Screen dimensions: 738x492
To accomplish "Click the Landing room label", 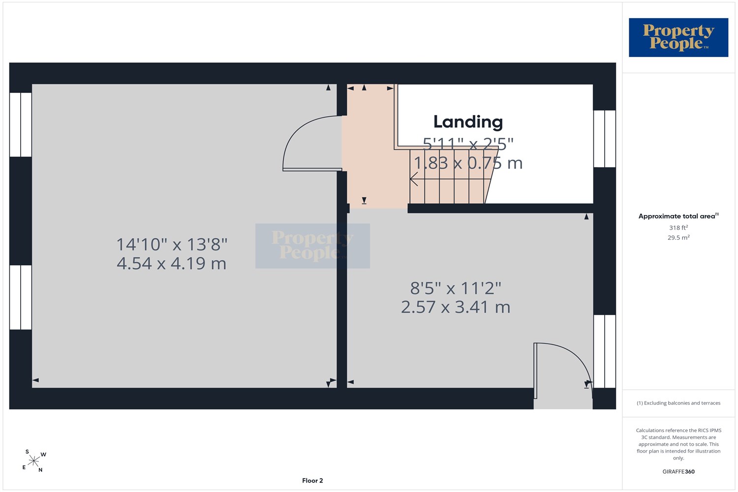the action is [468, 122].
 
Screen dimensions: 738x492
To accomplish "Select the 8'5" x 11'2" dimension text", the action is [456, 288].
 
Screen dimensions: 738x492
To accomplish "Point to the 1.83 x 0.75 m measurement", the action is [468, 163].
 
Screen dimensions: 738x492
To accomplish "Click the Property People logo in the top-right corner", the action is [678, 37].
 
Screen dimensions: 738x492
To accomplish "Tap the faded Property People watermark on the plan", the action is [312, 246].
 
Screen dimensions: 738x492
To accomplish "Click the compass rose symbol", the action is [33, 461].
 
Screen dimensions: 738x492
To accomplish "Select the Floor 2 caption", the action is [312, 481].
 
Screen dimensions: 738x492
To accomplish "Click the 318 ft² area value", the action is [678, 227].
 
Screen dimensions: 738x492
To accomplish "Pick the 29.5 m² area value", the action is [678, 237].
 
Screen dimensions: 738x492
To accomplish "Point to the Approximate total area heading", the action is [678, 216].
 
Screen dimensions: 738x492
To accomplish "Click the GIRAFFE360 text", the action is [678, 471].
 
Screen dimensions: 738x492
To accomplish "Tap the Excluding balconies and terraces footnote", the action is [678, 403].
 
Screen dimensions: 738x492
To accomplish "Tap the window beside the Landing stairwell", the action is [605, 139].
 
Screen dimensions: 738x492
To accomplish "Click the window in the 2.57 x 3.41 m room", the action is [605, 351].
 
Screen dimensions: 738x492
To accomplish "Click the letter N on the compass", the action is [40, 470].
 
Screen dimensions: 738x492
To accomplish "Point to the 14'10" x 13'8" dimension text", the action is [172, 245].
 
